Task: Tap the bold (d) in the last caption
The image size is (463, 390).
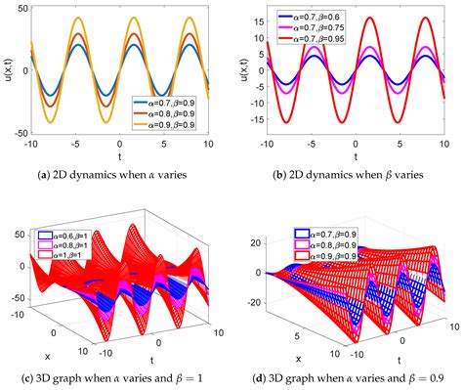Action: [273, 379]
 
